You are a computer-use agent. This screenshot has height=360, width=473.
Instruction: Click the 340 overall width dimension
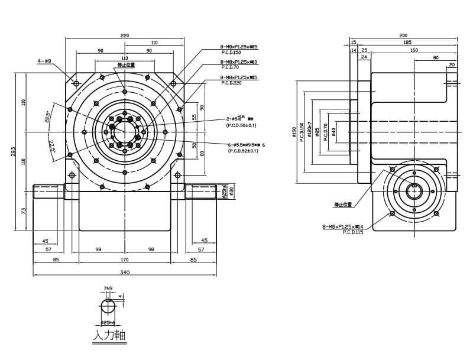point(125,273)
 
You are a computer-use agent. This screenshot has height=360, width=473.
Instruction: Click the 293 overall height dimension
point(13,152)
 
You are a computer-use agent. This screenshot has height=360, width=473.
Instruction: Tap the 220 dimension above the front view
point(125,35)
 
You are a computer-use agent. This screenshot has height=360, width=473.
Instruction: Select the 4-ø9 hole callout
point(44,60)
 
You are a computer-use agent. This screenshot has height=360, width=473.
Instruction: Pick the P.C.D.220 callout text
point(231,83)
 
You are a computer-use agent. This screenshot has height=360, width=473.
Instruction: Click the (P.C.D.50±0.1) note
point(241,125)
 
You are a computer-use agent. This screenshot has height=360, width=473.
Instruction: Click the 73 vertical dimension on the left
point(24,210)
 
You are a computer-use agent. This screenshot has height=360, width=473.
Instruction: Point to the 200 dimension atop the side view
point(404,35)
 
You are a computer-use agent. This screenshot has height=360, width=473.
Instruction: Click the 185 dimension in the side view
point(407,43)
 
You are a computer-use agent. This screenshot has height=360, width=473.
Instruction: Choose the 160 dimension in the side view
point(414,50)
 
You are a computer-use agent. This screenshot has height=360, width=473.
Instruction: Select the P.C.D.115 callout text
point(353,233)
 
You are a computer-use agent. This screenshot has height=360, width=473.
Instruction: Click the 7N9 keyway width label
point(108,289)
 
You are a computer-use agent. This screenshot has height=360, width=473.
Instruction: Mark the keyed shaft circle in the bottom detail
point(108,308)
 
